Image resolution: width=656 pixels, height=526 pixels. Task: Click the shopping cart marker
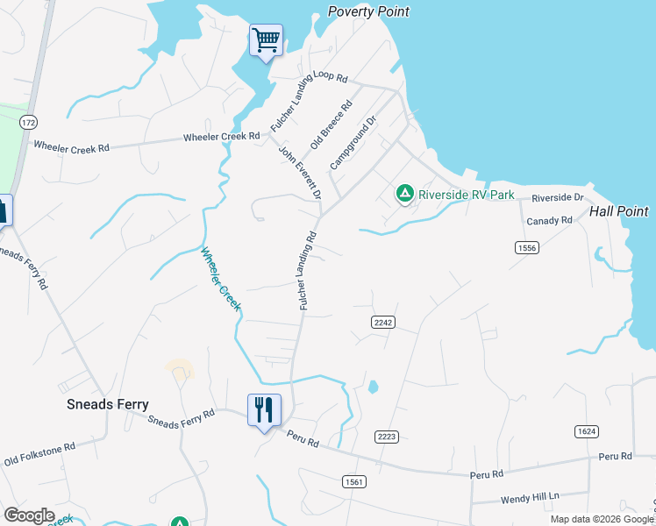266,39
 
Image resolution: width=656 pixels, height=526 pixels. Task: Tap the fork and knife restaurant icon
265,409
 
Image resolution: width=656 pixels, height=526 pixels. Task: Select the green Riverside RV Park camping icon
404,193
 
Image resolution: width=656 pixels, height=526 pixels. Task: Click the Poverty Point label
368,11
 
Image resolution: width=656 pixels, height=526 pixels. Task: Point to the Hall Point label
618,211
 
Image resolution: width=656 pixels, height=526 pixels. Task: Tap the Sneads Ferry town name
108,404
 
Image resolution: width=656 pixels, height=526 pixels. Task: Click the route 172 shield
29,121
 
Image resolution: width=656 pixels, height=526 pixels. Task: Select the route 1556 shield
526,248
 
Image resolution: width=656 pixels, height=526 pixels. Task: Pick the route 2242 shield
382,323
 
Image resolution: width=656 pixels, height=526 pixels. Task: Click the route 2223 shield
387,437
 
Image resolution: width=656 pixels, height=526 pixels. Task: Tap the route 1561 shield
353,482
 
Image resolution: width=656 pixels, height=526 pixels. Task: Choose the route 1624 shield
587,431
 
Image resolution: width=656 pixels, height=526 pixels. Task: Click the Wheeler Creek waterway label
220,280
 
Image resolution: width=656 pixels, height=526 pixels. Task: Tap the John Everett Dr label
300,172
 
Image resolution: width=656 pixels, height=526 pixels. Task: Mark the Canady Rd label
549,221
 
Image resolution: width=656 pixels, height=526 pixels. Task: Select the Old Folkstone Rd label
39,452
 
